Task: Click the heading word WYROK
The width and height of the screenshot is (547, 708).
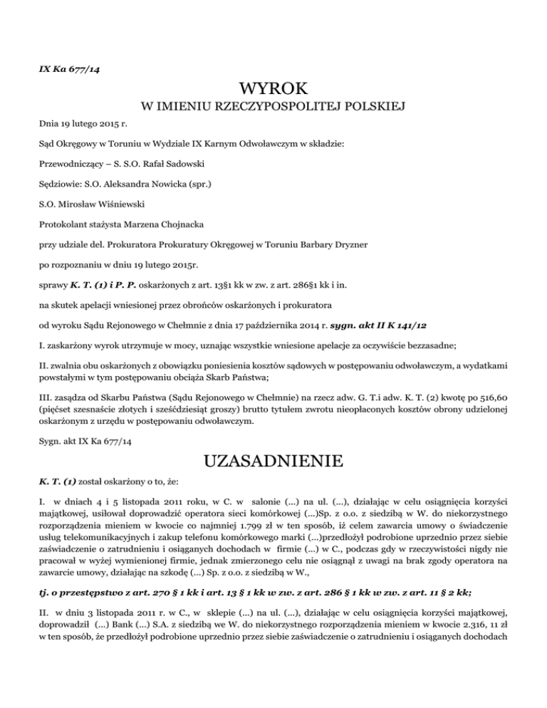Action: click(274, 89)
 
